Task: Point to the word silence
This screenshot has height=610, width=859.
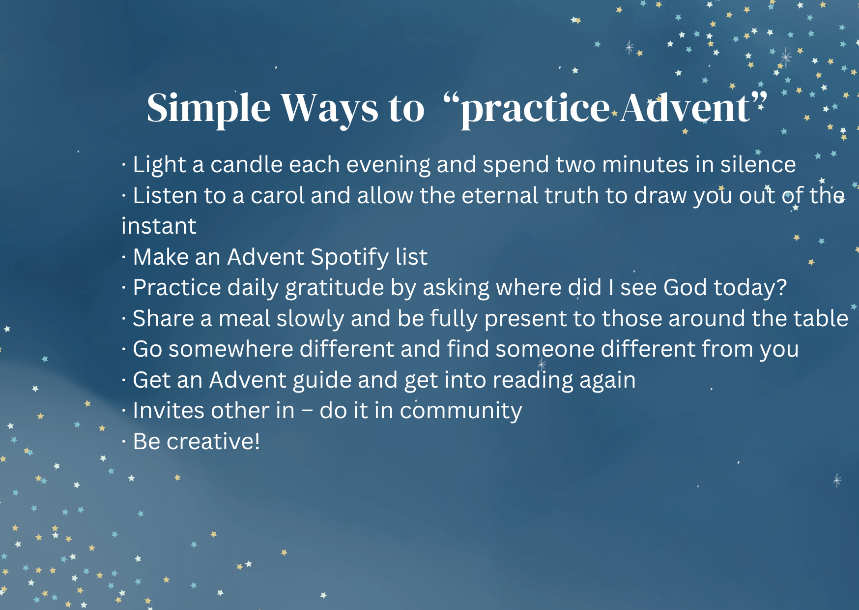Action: (758, 164)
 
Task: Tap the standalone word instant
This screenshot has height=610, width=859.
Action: (159, 226)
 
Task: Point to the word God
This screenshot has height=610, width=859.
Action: (685, 288)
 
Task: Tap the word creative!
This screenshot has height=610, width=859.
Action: (213, 441)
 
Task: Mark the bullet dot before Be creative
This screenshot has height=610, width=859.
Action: (124, 442)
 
